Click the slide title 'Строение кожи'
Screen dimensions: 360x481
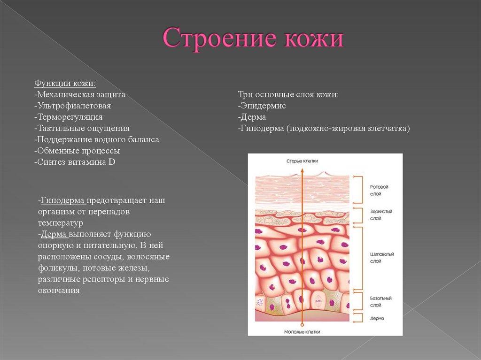point(253,38)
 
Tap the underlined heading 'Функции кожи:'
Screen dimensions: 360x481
point(65,83)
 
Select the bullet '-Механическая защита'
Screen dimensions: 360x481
point(80,94)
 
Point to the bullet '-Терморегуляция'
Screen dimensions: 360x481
point(68,117)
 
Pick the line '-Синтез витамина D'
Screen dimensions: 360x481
point(75,162)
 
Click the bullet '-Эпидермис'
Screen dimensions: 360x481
point(262,106)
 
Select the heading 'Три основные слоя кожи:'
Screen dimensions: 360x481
point(288,94)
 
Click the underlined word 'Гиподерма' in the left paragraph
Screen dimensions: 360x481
point(63,200)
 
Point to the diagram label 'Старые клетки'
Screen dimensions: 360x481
point(302,161)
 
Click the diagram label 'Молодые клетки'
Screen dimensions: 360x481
point(302,332)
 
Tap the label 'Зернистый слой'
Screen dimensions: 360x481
point(380,215)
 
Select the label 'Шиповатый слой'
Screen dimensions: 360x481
point(381,257)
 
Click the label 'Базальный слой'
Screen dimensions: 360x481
point(380,301)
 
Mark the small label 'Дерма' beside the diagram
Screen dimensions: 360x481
point(377,318)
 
